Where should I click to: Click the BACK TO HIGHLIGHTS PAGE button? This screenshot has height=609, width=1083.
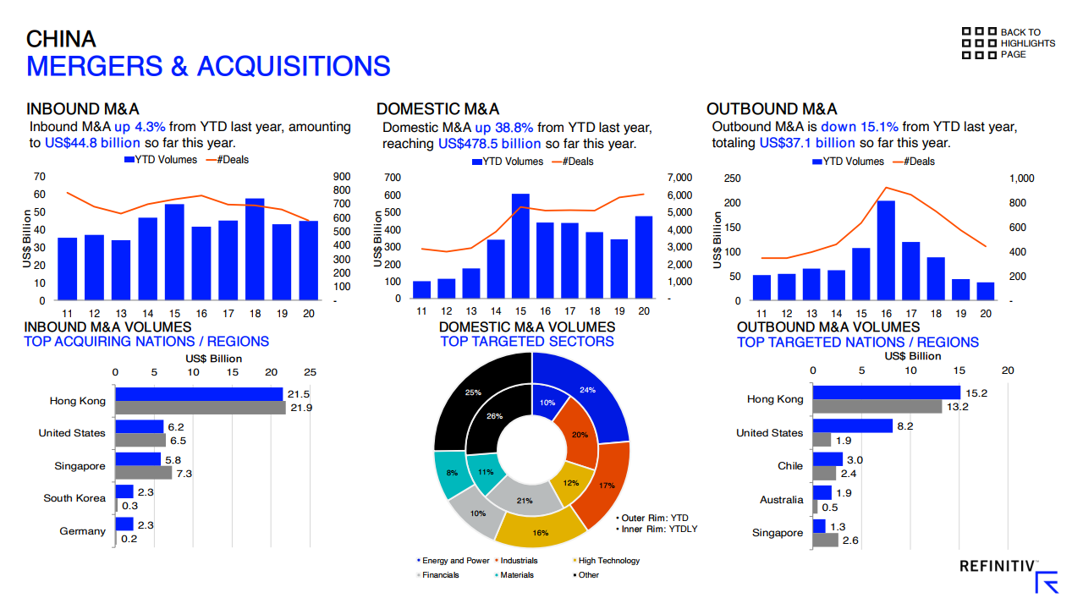point(1008,43)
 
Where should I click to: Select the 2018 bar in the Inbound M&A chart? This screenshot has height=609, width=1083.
point(255,250)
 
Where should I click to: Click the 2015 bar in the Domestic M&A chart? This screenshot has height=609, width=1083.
point(520,245)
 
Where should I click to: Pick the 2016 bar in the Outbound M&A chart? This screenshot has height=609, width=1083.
point(886,250)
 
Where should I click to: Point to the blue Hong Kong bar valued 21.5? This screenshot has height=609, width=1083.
point(199,394)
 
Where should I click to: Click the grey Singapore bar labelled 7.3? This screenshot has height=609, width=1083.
point(143,473)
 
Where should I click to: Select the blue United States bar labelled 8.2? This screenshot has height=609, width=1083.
point(852,425)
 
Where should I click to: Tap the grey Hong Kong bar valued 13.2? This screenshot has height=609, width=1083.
point(877,407)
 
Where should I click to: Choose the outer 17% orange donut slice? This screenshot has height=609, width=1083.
point(607,486)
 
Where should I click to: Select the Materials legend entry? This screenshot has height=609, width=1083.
point(515,575)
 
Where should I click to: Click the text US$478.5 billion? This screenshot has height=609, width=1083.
point(489,144)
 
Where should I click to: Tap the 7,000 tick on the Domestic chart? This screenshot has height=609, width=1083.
point(679,178)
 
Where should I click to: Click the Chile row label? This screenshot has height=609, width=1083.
point(790,466)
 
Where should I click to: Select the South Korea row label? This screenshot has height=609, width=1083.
point(74,498)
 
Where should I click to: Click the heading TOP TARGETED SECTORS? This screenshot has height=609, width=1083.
point(527,342)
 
